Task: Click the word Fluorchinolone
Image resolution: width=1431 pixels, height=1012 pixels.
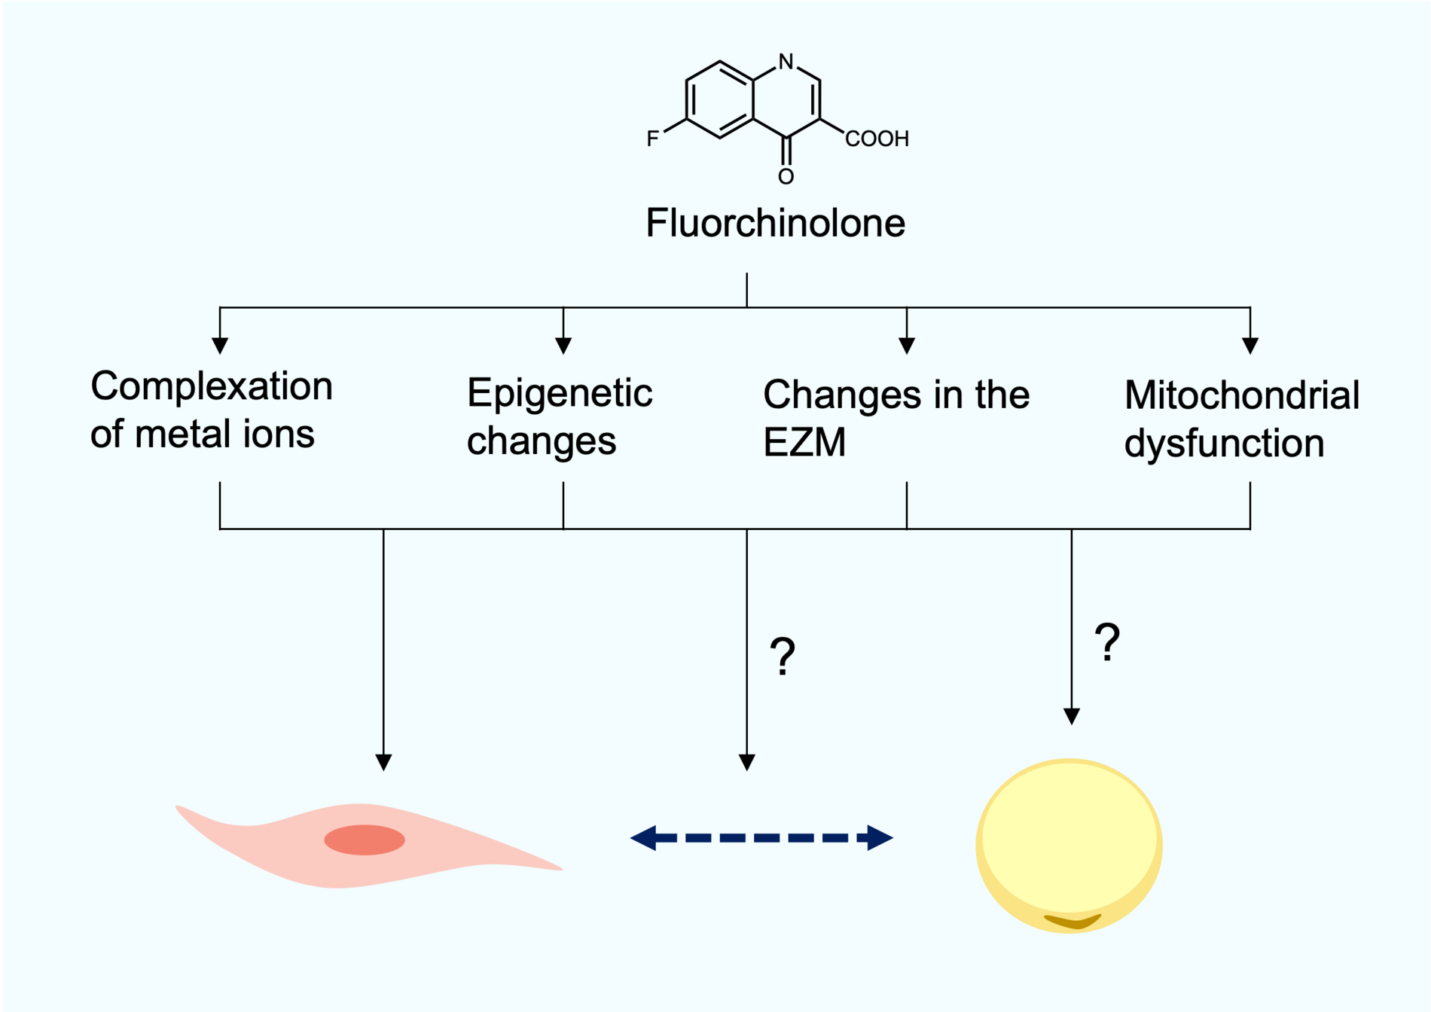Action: tap(775, 224)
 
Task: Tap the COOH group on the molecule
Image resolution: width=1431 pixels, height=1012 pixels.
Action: tap(877, 139)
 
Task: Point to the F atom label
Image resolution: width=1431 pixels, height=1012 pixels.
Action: tap(652, 139)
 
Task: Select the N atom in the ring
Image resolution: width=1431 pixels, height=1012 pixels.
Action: tap(786, 62)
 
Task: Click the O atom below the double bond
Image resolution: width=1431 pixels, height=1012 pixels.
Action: tap(786, 177)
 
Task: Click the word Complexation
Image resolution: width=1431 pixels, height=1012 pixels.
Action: tap(212, 386)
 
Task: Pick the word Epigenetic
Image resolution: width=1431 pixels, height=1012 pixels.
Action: tap(560, 393)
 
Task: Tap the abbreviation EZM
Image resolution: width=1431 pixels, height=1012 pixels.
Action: tap(804, 442)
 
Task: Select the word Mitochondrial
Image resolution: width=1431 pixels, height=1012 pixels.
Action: tap(1242, 395)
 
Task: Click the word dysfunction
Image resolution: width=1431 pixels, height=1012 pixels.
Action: tap(1224, 443)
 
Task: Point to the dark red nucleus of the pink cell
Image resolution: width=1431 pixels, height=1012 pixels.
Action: tap(365, 840)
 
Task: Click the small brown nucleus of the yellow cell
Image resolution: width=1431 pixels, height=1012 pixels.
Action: tap(1072, 921)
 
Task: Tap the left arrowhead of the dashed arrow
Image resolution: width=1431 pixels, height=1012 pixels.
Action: tap(644, 837)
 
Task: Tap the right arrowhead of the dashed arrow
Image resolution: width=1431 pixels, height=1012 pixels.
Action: tap(879, 837)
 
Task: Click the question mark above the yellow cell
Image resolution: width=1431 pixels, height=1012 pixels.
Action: tap(1107, 642)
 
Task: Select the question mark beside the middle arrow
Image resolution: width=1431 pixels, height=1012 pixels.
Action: tap(783, 657)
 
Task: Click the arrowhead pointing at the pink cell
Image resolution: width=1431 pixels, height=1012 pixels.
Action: tap(383, 762)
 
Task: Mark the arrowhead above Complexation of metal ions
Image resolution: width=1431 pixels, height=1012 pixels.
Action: tap(220, 346)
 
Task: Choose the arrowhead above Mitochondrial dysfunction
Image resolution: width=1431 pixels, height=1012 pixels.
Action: tap(1250, 346)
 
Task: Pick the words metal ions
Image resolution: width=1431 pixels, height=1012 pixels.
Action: tap(224, 434)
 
